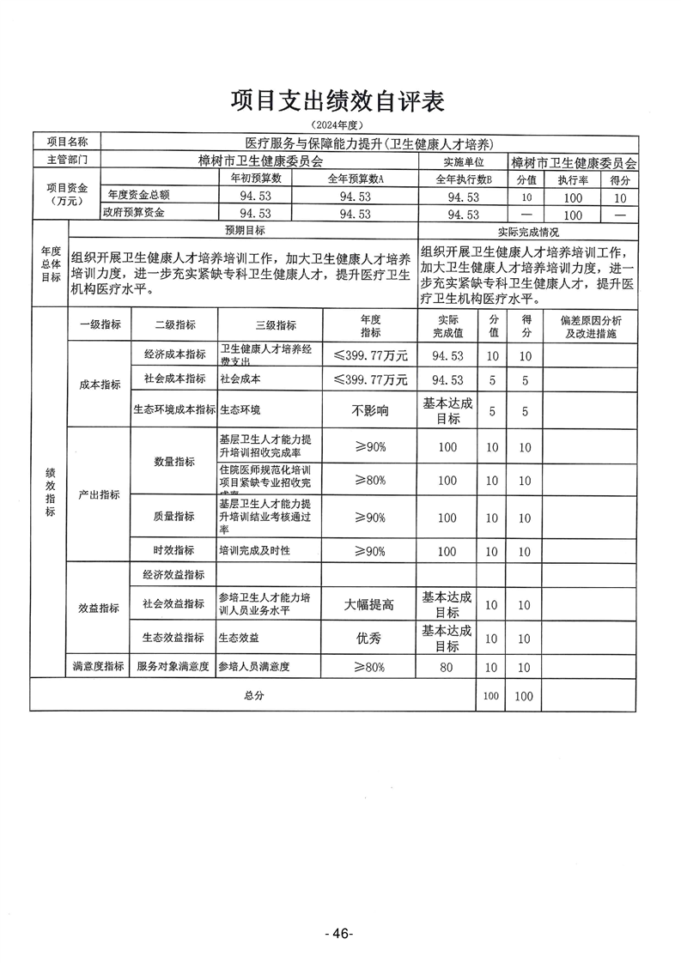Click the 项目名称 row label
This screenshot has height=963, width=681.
coord(67,142)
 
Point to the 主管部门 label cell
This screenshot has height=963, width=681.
coord(67,160)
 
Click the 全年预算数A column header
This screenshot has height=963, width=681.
coord(355,179)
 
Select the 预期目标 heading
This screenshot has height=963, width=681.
coord(245,231)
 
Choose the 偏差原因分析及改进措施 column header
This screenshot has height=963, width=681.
coord(590,325)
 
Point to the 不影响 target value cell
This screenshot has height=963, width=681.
coord(370,410)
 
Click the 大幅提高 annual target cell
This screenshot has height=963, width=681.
coord(370,604)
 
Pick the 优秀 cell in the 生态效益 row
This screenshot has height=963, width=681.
coord(370,639)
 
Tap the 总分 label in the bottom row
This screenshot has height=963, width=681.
coord(252,695)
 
